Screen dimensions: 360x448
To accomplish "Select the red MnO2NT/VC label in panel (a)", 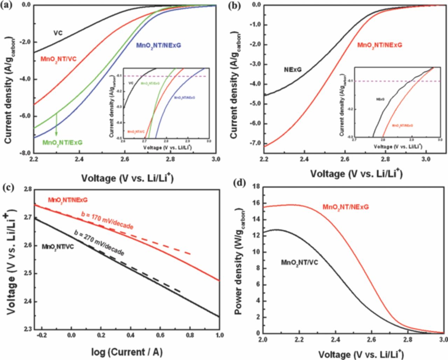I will point(58,58).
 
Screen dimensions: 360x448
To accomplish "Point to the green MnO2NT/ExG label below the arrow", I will point(62,143).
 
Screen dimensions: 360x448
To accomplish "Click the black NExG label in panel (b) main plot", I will point(292,70).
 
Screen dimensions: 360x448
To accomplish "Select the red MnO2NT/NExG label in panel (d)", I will point(346,207).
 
